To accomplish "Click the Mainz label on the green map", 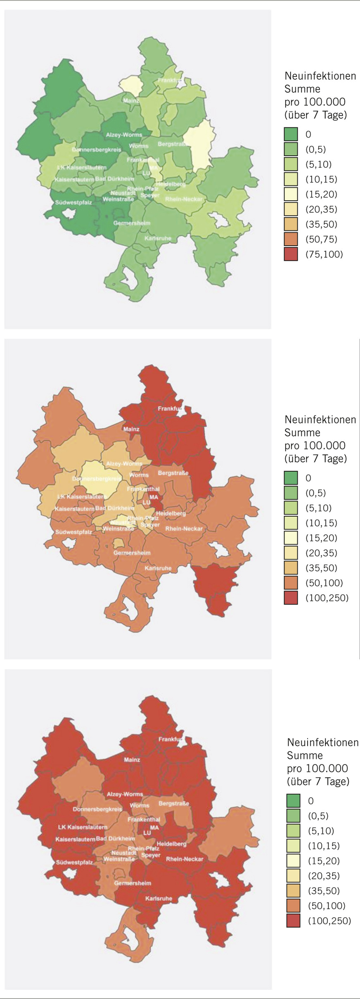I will [131, 100].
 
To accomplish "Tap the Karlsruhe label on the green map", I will [158, 238].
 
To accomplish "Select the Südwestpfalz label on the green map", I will [73, 203].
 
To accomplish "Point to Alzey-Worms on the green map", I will [124, 135].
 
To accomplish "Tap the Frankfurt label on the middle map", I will [170, 408].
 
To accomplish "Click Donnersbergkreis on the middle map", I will [97, 479].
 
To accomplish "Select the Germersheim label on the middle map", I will [132, 553].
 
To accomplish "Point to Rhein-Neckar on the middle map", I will [184, 529].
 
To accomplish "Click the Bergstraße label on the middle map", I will [173, 473].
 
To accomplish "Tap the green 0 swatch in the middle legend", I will [291, 478].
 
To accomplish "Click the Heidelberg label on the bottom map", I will [171, 844].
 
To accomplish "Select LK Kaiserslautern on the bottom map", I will [83, 827].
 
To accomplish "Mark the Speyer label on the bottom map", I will [150, 855].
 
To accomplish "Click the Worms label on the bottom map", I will [140, 805].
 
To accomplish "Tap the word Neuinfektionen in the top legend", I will [320, 76].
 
